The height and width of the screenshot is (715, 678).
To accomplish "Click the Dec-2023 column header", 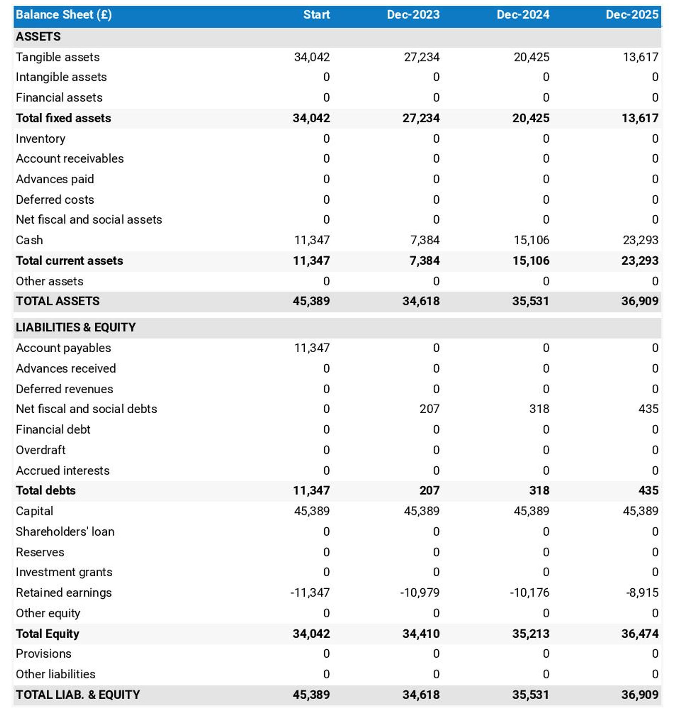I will [413, 14].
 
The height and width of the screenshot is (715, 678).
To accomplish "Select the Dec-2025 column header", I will [632, 14].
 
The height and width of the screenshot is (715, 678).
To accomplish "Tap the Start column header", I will [316, 14].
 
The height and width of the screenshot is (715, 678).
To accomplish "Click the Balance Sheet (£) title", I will [64, 14].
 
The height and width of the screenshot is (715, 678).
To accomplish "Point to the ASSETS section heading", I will [38, 37].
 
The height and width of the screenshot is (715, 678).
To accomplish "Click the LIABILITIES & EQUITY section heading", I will [75, 327].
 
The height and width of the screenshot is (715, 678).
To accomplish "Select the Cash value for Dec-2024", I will [531, 240].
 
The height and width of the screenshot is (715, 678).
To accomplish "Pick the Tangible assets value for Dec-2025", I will [640, 57].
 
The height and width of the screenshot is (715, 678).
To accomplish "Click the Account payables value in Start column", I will [312, 348].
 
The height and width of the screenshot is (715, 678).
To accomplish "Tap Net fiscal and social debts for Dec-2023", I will [429, 409].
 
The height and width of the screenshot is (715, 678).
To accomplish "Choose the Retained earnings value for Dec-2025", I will [642, 592].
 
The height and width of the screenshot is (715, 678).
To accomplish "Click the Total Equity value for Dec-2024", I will [530, 634].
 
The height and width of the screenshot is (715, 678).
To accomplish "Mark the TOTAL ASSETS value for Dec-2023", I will [421, 301].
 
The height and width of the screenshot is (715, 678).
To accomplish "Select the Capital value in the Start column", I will [312, 511].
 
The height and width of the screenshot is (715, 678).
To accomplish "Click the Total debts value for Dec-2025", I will [648, 490].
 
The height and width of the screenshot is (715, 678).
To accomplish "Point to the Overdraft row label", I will [41, 450].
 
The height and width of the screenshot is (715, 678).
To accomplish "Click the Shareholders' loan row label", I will [65, 531].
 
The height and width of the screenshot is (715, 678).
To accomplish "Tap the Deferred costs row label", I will [55, 199].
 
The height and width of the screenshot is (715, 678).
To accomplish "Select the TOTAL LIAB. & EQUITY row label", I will [78, 695].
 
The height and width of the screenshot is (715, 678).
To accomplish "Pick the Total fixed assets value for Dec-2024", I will [530, 118].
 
